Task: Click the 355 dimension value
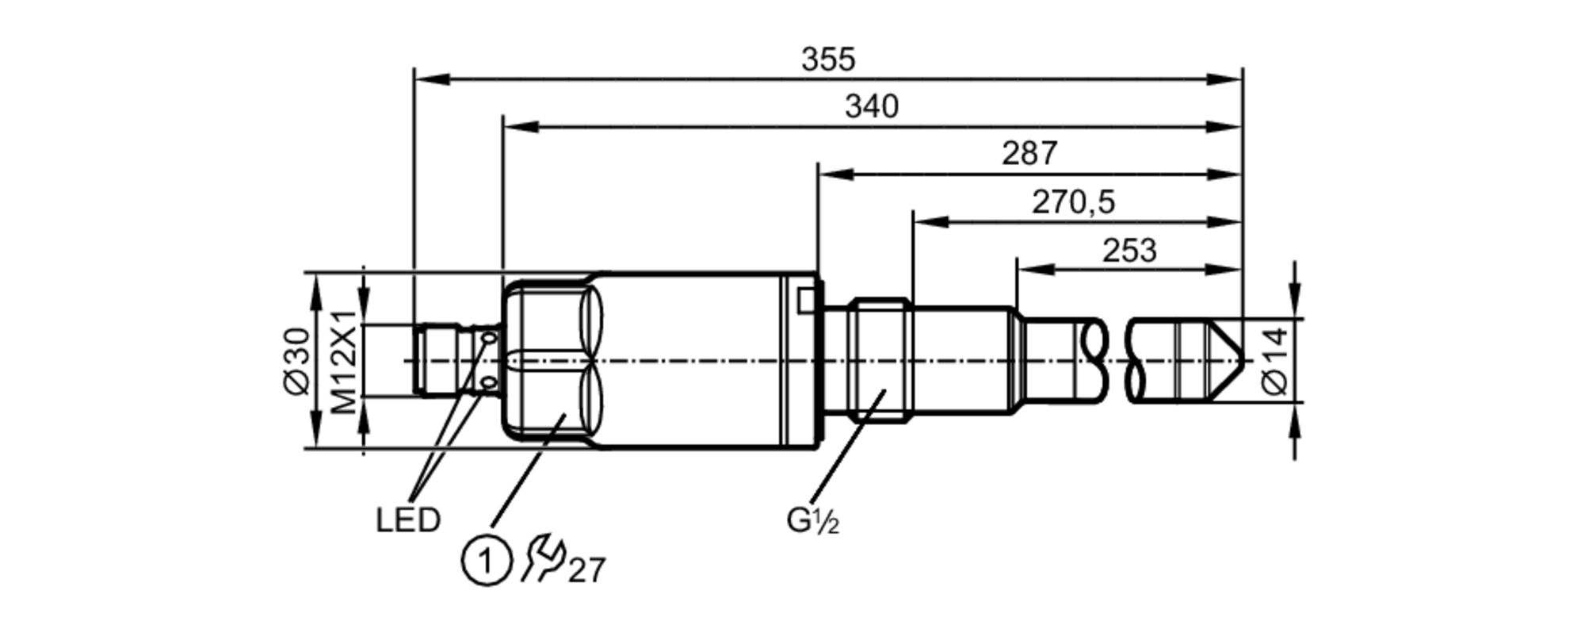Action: (x=828, y=60)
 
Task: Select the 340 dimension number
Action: (x=871, y=107)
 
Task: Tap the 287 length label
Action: (x=1029, y=154)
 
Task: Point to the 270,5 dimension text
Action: (x=1073, y=203)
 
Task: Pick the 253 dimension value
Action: (x=1129, y=251)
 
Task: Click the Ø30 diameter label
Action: (x=298, y=360)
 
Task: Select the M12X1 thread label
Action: (x=344, y=362)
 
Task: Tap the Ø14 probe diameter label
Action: (x=1275, y=361)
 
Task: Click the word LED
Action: (x=407, y=521)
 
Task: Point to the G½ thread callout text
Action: (x=812, y=521)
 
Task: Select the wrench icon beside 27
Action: (x=543, y=558)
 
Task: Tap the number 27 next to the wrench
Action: (x=587, y=570)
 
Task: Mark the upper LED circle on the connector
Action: (x=489, y=339)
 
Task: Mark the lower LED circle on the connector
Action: (x=489, y=384)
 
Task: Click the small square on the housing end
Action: (x=805, y=300)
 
